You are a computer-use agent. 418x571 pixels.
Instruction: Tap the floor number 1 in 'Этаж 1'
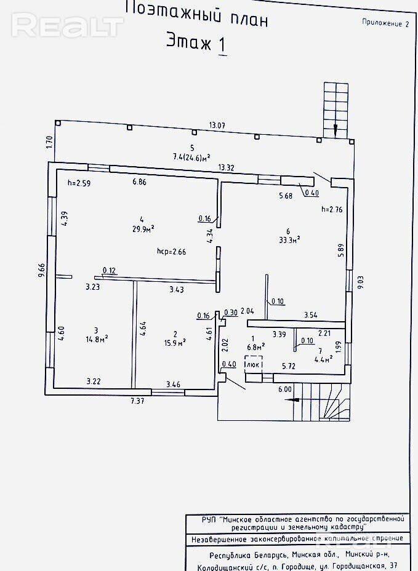[221, 44]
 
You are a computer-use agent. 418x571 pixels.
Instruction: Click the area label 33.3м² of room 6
[289, 239]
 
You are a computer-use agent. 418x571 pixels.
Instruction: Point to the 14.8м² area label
[97, 338]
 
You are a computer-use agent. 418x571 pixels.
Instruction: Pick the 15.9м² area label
[175, 343]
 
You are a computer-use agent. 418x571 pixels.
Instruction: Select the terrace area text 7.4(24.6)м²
[192, 157]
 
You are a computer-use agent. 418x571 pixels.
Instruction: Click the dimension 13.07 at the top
[217, 126]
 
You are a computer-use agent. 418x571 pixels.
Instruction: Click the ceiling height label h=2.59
[79, 182]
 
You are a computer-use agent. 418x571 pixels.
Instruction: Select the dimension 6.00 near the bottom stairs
[284, 389]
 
